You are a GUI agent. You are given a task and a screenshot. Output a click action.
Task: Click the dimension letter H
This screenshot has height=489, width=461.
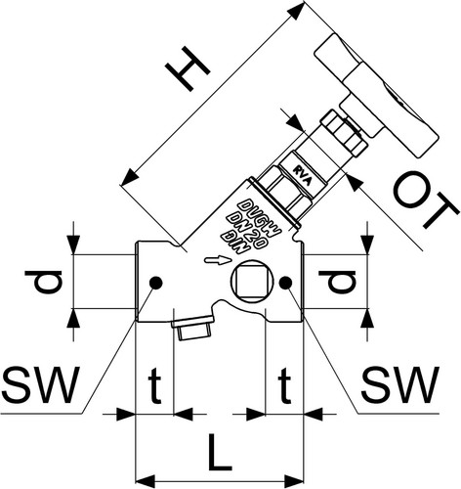[188, 68]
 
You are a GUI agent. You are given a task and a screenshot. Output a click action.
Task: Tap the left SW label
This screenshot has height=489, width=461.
[40, 384]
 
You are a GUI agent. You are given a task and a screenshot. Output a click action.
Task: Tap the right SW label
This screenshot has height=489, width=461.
[400, 384]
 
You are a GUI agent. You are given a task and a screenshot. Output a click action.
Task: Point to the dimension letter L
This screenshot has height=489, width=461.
[220, 452]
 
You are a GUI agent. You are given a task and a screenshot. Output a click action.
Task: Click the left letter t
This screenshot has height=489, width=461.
[154, 384]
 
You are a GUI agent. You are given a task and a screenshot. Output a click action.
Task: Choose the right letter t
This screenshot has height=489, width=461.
[284, 384]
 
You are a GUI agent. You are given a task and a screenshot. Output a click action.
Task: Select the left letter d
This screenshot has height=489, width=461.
[43, 281]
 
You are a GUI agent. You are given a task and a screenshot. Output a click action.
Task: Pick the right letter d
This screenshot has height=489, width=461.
[337, 281]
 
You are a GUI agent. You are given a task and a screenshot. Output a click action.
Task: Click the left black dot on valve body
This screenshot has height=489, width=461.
[155, 283]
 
